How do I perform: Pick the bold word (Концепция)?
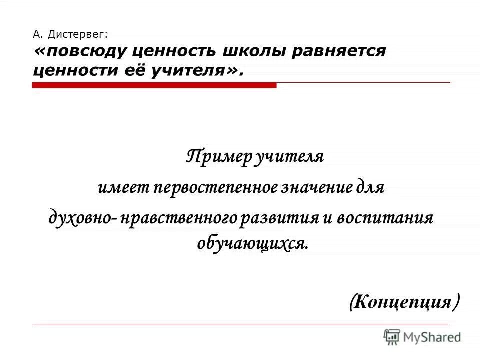click(404, 301)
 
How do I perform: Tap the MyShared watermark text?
click(432, 337)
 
